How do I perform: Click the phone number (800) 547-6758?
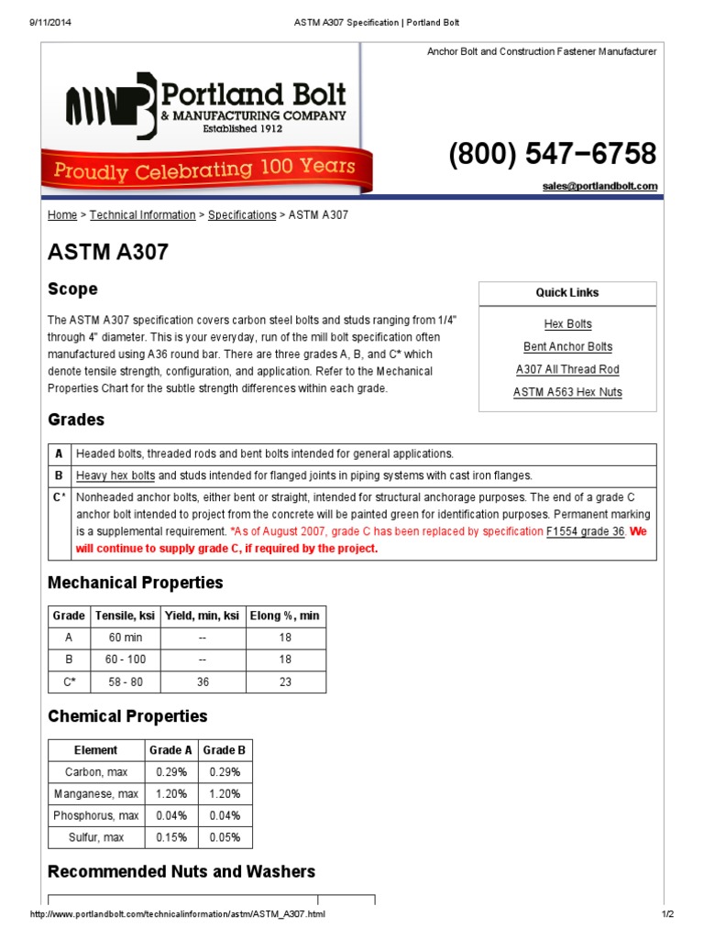[x=552, y=154]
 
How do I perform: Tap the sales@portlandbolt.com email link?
[x=599, y=186]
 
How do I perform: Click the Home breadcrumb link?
[x=62, y=215]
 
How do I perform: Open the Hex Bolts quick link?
[x=567, y=324]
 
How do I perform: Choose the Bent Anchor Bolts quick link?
[x=567, y=347]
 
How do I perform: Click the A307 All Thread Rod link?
[x=567, y=370]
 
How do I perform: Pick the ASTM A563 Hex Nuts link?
[x=567, y=393]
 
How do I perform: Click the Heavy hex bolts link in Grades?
[x=115, y=476]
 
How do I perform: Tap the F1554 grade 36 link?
[x=585, y=532]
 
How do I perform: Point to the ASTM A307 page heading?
[x=108, y=252]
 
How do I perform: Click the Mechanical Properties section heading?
[x=135, y=583]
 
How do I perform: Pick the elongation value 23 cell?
[x=285, y=682]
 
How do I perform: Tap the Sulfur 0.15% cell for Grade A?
[x=171, y=837]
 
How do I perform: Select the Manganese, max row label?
[x=96, y=794]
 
